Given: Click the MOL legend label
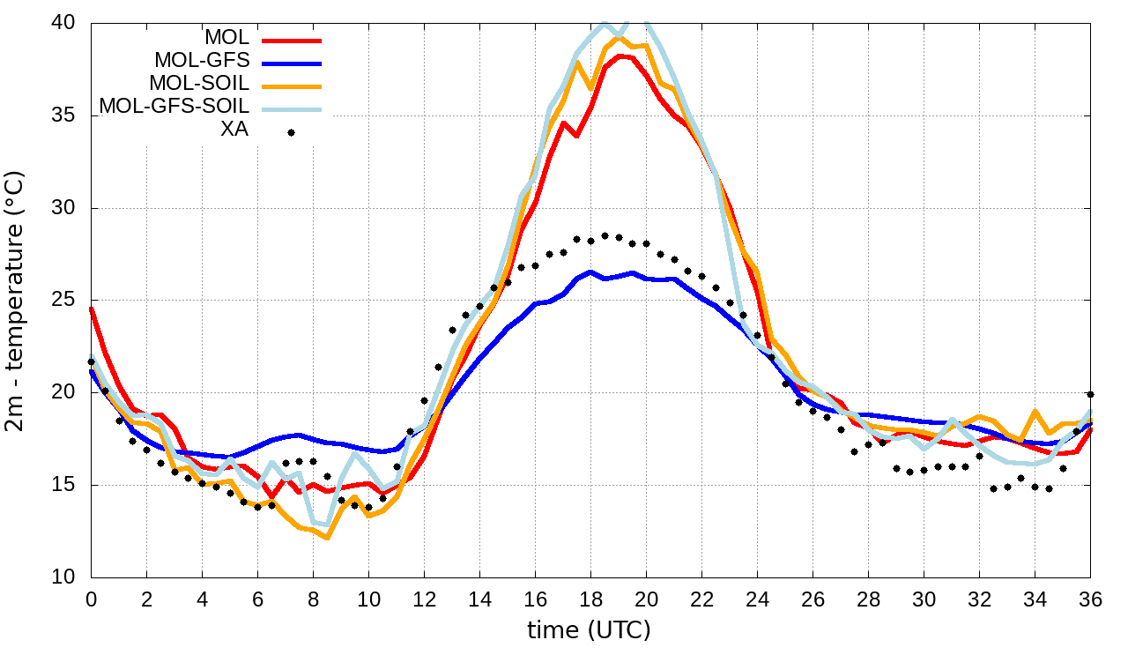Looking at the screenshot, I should pos(226,38).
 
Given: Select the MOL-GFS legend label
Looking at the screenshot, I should pos(202,61).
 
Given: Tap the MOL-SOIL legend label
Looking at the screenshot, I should pos(199,84).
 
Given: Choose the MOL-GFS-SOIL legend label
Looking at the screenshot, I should pos(174,107).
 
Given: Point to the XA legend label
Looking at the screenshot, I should pos(234,130).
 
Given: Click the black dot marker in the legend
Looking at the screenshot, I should pos(291,133).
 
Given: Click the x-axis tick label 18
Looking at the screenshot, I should pos(590,599).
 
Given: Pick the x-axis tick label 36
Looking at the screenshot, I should pos(1090,599).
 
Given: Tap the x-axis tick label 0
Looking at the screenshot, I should pos(91,599).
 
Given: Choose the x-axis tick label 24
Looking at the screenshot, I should pos(757,599).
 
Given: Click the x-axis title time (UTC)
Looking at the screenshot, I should pos(589,630).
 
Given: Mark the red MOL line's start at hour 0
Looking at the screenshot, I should pos(92,309).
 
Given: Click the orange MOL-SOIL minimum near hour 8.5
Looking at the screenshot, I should pos(327,537).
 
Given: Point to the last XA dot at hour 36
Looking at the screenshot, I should pos(1090,394).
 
